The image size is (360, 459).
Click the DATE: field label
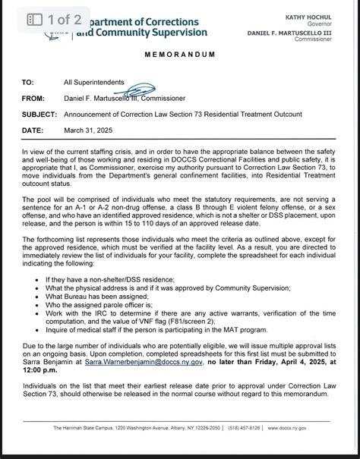33,129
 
